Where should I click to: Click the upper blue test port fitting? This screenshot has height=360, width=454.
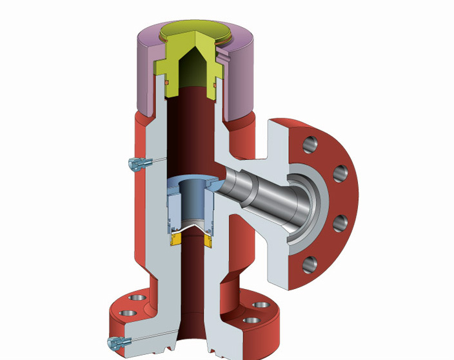[134, 165]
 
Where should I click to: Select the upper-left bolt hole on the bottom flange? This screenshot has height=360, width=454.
[137, 298]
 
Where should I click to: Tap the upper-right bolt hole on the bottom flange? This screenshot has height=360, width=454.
[259, 304]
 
